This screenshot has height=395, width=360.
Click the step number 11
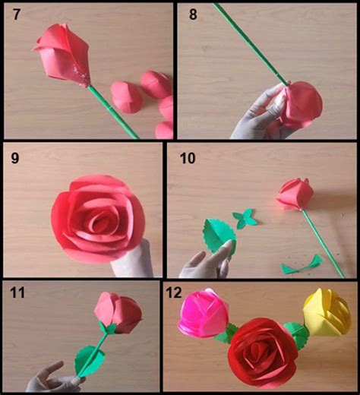[x=16, y=294]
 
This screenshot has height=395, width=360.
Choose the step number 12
[x=175, y=294]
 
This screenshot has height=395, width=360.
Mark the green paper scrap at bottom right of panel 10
[x=300, y=266]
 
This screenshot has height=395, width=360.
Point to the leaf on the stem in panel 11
[x=90, y=357]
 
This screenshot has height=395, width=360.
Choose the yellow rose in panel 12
[x=327, y=311]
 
